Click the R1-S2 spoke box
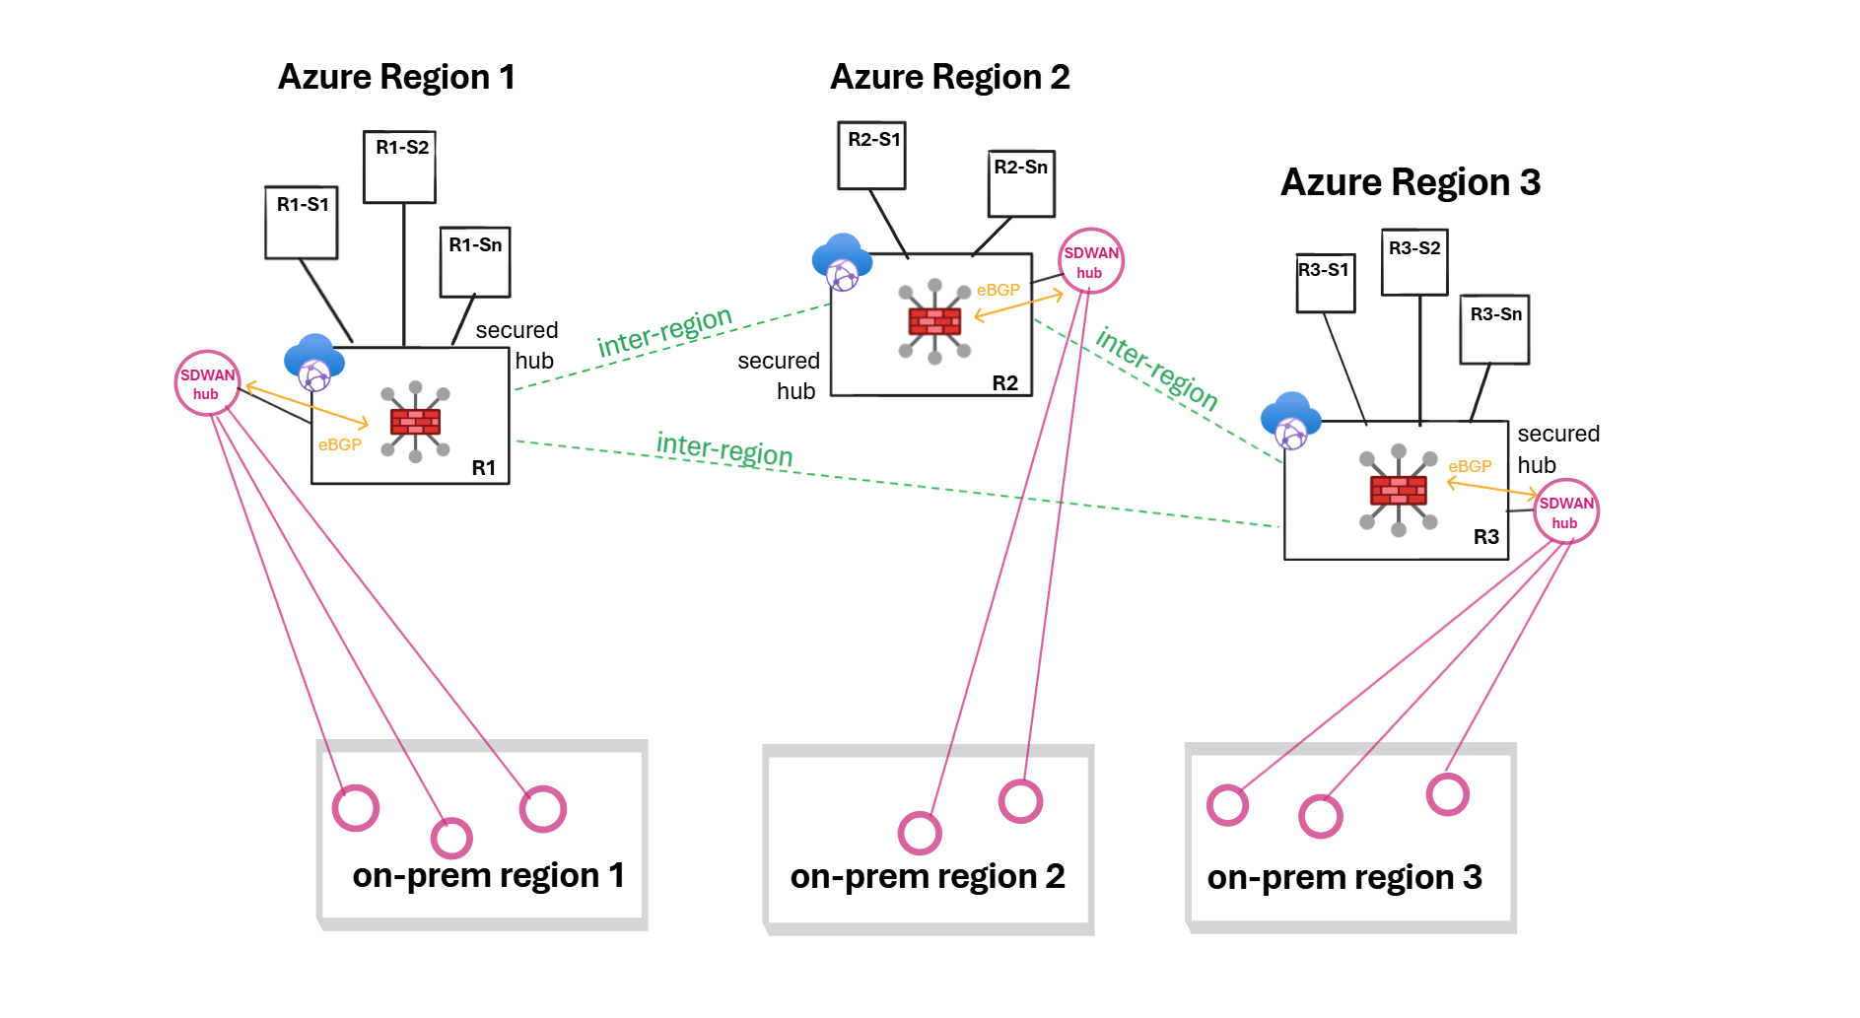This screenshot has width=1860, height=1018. (399, 167)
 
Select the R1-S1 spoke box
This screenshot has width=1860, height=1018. (302, 223)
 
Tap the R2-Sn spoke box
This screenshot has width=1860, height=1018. (1021, 183)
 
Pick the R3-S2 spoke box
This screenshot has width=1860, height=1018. (1414, 261)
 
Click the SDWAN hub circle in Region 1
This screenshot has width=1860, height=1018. (207, 383)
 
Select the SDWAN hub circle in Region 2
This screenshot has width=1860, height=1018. (1090, 261)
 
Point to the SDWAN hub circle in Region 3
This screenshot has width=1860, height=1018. (1565, 511)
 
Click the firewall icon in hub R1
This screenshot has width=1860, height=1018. (415, 422)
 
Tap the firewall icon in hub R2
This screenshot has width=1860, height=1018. (934, 321)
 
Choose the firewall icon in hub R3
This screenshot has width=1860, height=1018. (1398, 491)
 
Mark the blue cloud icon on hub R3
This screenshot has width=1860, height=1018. (1290, 419)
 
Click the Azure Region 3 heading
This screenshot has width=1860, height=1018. (1410, 182)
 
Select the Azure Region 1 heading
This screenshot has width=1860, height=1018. (396, 77)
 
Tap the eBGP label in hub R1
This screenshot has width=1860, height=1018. (340, 444)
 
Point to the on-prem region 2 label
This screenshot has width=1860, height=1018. (928, 876)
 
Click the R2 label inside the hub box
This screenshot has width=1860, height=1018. (1004, 383)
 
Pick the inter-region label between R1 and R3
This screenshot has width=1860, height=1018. (724, 450)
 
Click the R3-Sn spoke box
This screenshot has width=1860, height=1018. (1494, 329)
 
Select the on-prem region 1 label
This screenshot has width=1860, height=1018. (488, 875)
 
